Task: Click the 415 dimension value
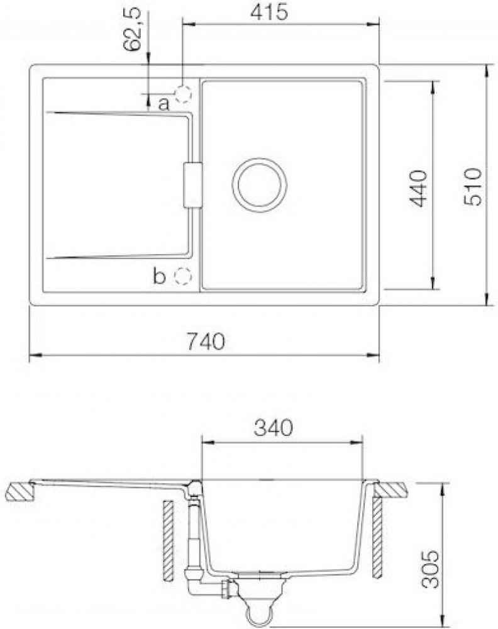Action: [269, 12]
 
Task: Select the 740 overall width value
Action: [206, 342]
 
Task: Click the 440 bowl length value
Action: [419, 189]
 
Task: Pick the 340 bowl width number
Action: [274, 428]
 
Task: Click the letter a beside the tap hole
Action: [164, 104]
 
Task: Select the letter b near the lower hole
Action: [159, 276]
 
